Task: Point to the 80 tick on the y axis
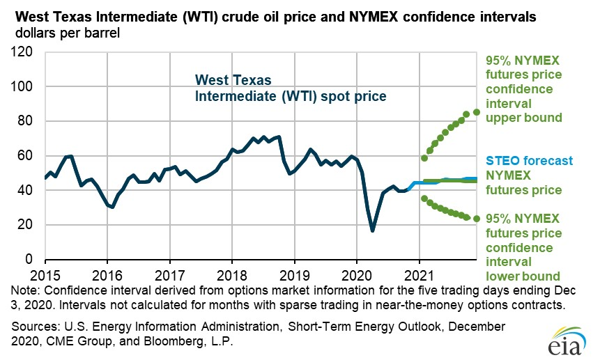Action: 26,121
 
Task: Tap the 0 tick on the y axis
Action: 30,259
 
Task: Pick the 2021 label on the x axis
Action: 420,273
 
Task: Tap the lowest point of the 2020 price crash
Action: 373,230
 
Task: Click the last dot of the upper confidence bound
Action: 477,111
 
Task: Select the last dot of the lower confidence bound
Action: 477,219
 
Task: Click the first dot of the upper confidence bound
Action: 424,158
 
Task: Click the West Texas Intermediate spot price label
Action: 289,88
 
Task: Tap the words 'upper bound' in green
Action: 523,118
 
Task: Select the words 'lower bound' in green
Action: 523,262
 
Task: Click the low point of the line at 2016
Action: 111,207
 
